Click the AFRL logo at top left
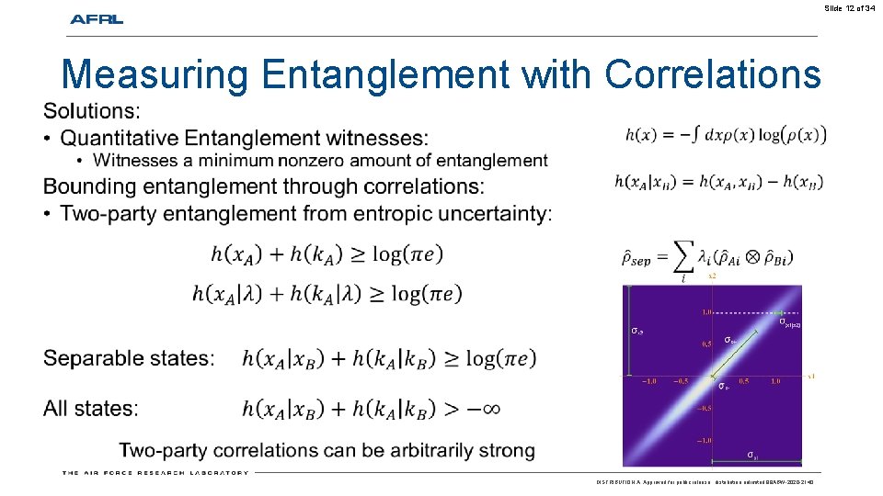97,19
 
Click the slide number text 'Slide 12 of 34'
850,8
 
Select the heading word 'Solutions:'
92,111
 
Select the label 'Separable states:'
129,358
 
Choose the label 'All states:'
91,408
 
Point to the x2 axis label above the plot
712,276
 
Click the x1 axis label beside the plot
810,375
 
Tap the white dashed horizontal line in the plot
745,313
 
